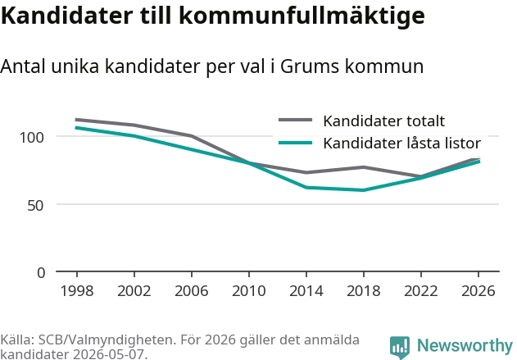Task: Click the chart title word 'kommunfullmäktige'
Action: tap(302, 16)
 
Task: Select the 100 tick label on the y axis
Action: tap(32, 137)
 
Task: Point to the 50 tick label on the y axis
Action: tap(35, 205)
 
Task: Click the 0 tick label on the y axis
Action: tap(41, 273)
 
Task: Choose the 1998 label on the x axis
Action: tap(77, 290)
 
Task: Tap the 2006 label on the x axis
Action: tap(192, 290)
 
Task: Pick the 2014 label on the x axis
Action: tap(306, 290)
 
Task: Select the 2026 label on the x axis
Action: tap(478, 290)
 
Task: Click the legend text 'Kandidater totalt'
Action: tap(383, 121)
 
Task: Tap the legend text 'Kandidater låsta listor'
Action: tap(402, 143)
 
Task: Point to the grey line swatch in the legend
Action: tap(296, 120)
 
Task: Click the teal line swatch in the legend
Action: tap(296, 143)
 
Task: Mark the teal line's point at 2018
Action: tap(363, 190)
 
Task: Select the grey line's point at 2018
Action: tap(363, 167)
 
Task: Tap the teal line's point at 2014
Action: tap(306, 188)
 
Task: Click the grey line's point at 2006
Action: tap(192, 135)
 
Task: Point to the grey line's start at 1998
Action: tap(76, 120)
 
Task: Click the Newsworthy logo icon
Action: tap(400, 347)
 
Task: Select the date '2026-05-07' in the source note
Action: tap(108, 354)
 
